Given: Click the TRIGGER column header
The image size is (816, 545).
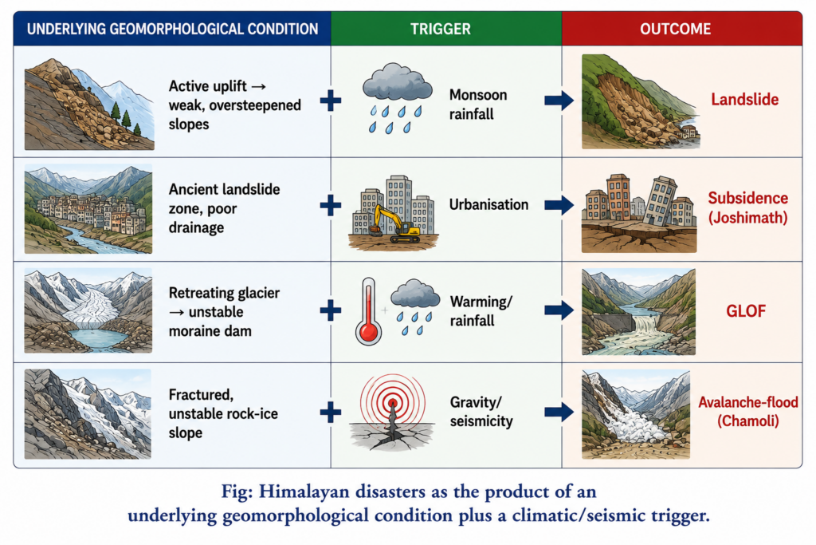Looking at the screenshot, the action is click(440, 29).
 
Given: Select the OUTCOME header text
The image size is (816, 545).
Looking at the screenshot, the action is click(675, 29).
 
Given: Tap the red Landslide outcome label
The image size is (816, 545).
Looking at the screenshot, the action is click(745, 100).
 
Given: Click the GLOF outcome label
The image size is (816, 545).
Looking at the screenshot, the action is click(746, 311).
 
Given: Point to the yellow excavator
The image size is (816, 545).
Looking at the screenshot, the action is click(394, 224).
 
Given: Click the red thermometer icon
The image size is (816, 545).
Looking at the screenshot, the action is click(368, 311).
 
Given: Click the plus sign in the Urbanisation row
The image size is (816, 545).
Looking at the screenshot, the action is click(331, 205).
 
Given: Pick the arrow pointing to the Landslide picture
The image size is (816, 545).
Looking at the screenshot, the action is click(559, 101).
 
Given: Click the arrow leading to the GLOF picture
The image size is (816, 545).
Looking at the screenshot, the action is click(559, 310).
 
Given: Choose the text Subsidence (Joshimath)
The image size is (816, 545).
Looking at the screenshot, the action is click(747, 207).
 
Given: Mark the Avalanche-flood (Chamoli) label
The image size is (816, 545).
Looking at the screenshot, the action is click(747, 411).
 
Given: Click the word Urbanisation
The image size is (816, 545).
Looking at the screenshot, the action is click(488, 205).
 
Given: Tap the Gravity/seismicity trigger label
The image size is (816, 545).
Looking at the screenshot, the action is click(481, 411).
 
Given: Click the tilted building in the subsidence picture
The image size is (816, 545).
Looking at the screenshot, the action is click(660, 200).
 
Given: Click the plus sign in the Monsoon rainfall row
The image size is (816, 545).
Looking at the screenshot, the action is click(331, 101).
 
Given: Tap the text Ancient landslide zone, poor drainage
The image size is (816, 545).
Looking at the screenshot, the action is click(224, 208).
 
